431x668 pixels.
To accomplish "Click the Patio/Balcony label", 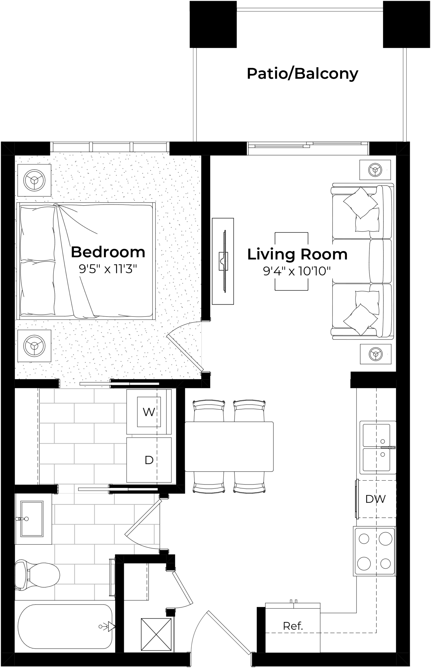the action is pyautogui.click(x=302, y=74).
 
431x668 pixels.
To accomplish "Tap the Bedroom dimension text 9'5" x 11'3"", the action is pyautogui.click(x=108, y=269).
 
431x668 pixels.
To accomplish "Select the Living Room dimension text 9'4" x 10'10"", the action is pyautogui.click(x=297, y=271).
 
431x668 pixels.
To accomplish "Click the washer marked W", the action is pyautogui.click(x=149, y=412).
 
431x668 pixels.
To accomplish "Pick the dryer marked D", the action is pyautogui.click(x=149, y=460).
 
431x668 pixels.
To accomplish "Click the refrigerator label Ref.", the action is pyautogui.click(x=293, y=626).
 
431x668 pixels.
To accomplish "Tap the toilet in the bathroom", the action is pyautogui.click(x=37, y=575).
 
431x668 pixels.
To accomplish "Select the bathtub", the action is pyautogui.click(x=65, y=627).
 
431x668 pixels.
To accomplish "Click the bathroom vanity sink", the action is pyautogui.click(x=32, y=518).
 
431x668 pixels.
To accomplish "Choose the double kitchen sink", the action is pyautogui.click(x=378, y=448).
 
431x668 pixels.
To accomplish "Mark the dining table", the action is pyautogui.click(x=229, y=447).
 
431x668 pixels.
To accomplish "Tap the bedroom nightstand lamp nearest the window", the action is pyautogui.click(x=34, y=180).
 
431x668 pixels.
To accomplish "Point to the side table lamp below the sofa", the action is pyautogui.click(x=376, y=354).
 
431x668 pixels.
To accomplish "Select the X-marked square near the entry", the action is pyautogui.click(x=156, y=634).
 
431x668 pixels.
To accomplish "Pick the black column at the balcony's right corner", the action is pyautogui.click(x=406, y=24).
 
